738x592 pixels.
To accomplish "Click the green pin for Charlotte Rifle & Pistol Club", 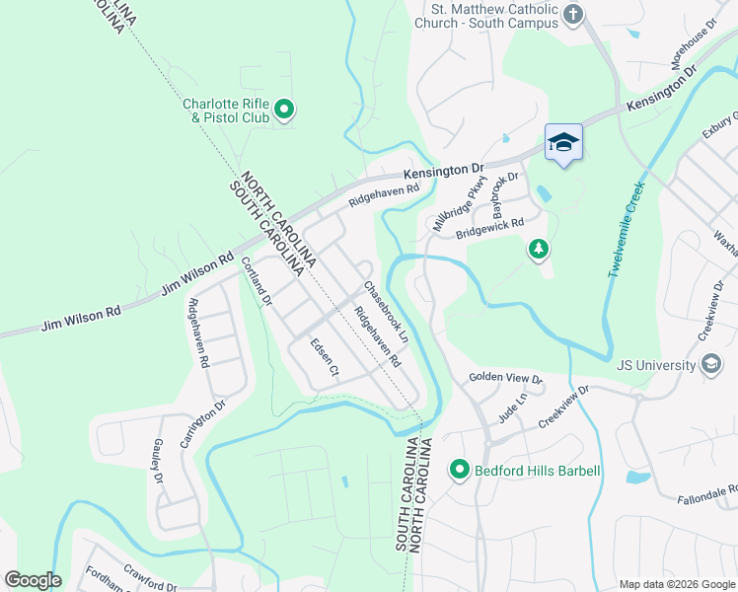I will click(x=283, y=109).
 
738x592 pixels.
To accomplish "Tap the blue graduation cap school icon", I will click(x=563, y=143).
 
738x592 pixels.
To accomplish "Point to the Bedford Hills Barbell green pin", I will click(x=459, y=471).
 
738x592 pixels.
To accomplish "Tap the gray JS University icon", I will click(x=709, y=365).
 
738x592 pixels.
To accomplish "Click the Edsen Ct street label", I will click(x=325, y=358).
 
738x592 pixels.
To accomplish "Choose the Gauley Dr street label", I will click(x=158, y=462).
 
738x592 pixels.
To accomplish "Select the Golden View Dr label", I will click(x=505, y=378).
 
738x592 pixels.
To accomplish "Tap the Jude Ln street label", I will click(x=507, y=407).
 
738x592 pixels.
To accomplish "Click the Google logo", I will click(x=33, y=580).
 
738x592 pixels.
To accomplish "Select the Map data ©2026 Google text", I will click(x=676, y=584).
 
